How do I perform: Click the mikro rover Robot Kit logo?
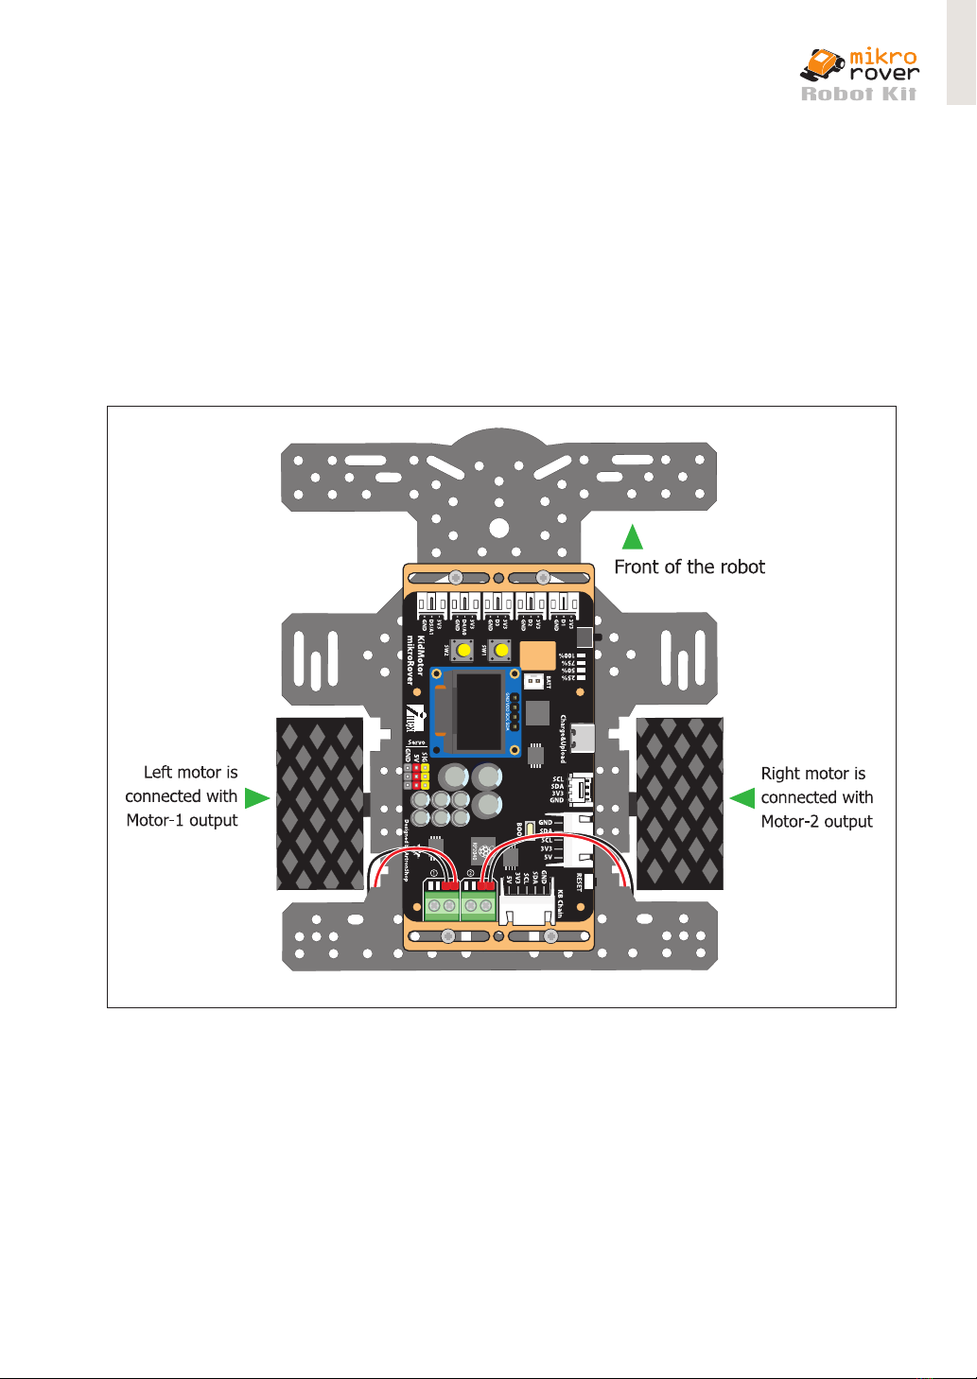pyautogui.click(x=859, y=75)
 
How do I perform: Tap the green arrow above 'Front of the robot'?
pyautogui.click(x=633, y=537)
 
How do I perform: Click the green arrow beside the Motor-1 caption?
pyautogui.click(x=255, y=798)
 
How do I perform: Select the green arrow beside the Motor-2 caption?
pyautogui.click(x=742, y=798)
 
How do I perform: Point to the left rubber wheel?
pyautogui.click(x=320, y=804)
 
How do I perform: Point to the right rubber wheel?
pyautogui.click(x=680, y=804)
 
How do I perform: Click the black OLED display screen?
pyautogui.click(x=480, y=712)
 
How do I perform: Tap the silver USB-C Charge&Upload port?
pyautogui.click(x=583, y=737)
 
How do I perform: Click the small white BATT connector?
pyautogui.click(x=534, y=681)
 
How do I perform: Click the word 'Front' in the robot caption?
pyautogui.click(x=636, y=567)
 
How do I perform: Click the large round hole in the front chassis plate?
pyautogui.click(x=499, y=528)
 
